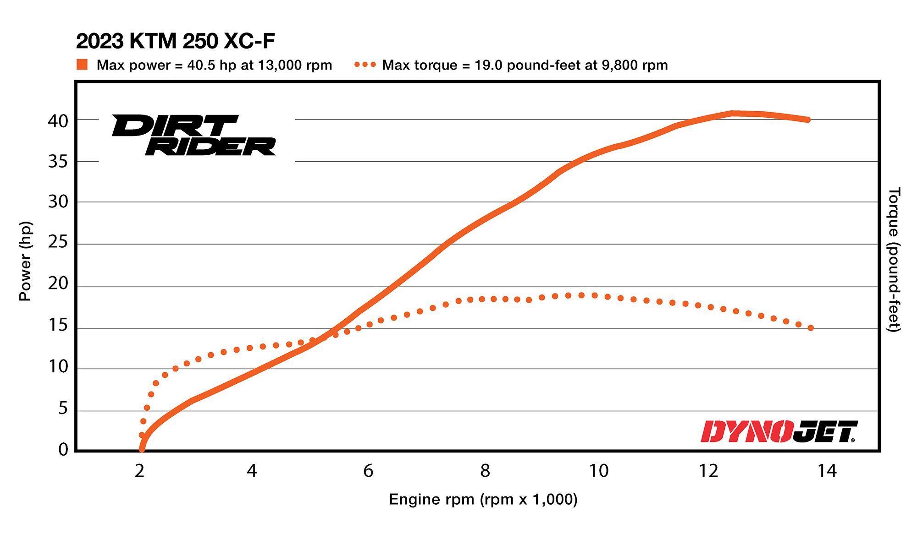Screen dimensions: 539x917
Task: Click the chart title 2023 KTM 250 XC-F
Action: tap(175, 42)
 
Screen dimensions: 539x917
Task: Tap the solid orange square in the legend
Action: tap(82, 65)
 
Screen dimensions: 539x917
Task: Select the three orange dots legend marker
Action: tap(365, 65)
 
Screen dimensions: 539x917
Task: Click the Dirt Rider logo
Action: tap(193, 135)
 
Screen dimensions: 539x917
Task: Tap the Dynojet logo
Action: tap(779, 432)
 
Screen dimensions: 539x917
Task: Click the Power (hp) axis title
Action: tap(25, 261)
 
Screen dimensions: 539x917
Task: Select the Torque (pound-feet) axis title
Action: tap(894, 259)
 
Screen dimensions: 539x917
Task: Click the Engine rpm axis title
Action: tap(483, 499)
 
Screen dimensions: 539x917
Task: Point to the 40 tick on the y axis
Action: tap(58, 121)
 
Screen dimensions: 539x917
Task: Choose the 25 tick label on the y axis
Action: tap(58, 242)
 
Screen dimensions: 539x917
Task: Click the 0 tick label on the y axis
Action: tap(63, 450)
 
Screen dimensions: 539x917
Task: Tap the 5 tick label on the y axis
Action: tap(63, 408)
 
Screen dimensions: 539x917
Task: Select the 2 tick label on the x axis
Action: tap(139, 471)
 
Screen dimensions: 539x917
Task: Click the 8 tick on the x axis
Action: tap(485, 471)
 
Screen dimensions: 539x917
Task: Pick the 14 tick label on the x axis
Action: tap(827, 471)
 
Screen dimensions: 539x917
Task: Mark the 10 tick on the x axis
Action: tap(598, 471)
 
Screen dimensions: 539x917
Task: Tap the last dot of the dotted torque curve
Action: tap(811, 328)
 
